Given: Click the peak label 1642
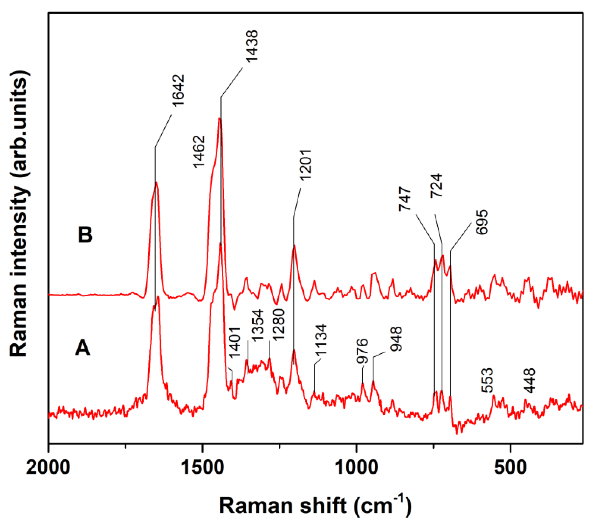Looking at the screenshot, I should (178, 90).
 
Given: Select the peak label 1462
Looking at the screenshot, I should (199, 152).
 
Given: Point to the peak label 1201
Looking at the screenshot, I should (306, 165).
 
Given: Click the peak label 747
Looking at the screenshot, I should (405, 199).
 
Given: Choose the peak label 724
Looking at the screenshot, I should (436, 185).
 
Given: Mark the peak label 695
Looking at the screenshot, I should (482, 222).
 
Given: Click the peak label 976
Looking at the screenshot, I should (363, 351).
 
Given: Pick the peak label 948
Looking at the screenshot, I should (396, 339).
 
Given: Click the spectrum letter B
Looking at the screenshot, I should (85, 235).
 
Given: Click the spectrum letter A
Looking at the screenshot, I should (83, 348).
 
